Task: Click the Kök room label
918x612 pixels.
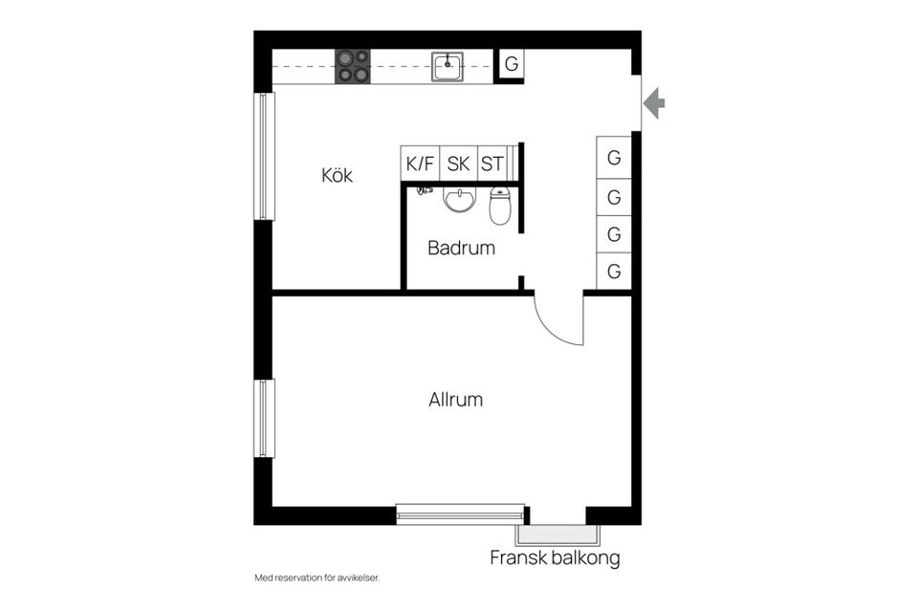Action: pyautogui.click(x=337, y=175)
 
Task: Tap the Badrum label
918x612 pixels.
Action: pyautogui.click(x=461, y=248)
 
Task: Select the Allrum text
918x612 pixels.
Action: pyautogui.click(x=455, y=400)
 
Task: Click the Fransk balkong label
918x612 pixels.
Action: pyautogui.click(x=555, y=558)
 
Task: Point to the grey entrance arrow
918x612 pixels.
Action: pyautogui.click(x=654, y=103)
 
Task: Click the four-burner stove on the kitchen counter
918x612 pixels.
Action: pyautogui.click(x=353, y=66)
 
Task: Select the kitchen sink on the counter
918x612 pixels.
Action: pyautogui.click(x=448, y=66)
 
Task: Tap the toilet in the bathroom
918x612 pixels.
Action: pyautogui.click(x=500, y=206)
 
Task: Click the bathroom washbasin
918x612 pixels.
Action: pyautogui.click(x=460, y=199)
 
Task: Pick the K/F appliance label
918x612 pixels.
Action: pyautogui.click(x=420, y=164)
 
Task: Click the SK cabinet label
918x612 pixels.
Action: pyautogui.click(x=458, y=164)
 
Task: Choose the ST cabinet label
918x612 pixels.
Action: pyautogui.click(x=492, y=164)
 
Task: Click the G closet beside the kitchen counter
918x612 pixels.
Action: pyautogui.click(x=511, y=64)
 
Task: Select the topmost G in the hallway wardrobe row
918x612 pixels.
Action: pyautogui.click(x=614, y=158)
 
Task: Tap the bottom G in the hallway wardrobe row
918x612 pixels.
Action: pyautogui.click(x=614, y=272)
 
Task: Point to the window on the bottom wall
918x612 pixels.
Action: pyautogui.click(x=460, y=514)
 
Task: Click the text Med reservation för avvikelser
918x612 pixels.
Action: pyautogui.click(x=317, y=578)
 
